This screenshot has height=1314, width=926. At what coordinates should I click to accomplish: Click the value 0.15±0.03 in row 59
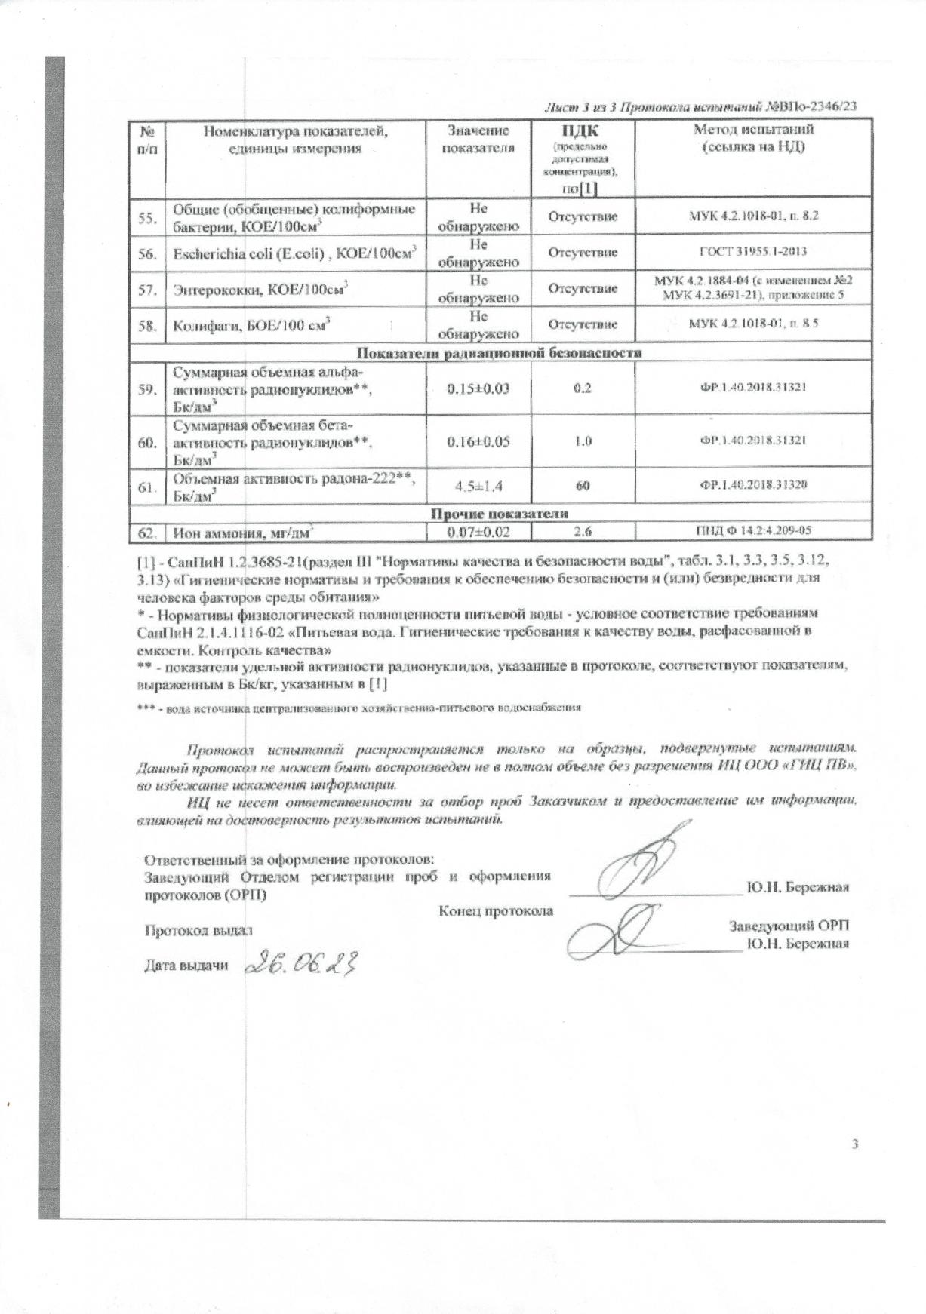click(x=478, y=389)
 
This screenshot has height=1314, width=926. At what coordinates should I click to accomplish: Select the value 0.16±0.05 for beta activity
click(x=478, y=441)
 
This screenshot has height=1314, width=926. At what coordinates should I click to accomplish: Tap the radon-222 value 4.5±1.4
click(x=478, y=486)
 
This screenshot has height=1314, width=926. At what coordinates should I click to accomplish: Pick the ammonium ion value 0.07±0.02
click(x=478, y=532)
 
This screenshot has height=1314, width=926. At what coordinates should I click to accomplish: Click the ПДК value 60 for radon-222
click(x=583, y=486)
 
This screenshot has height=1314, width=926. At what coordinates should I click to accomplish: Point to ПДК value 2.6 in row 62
click(x=583, y=532)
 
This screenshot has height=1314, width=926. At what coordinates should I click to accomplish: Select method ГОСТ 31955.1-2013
click(x=753, y=253)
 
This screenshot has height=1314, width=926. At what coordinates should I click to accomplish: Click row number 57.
click(x=147, y=289)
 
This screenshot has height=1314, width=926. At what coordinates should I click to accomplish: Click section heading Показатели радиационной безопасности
click(x=500, y=352)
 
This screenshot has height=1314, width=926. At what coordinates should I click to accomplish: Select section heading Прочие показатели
click(x=500, y=514)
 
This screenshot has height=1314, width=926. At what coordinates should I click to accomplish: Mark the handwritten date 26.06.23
click(x=300, y=963)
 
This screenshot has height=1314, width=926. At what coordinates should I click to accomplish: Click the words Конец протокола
click(x=496, y=911)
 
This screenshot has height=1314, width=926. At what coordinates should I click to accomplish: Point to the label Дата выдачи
click(x=186, y=966)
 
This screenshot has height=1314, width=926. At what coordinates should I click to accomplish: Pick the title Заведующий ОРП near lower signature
click(x=792, y=926)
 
